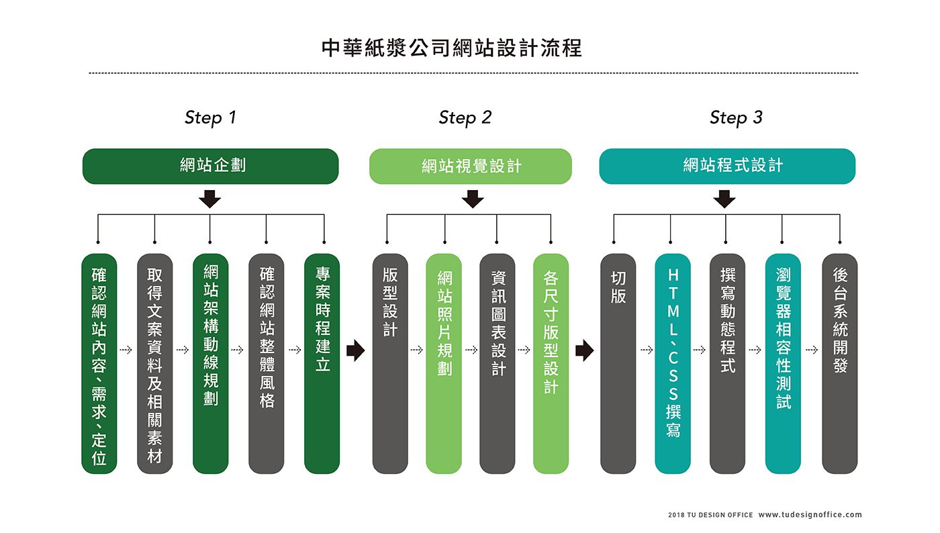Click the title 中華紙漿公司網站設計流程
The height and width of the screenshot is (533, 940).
451,48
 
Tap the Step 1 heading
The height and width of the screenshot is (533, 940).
210,117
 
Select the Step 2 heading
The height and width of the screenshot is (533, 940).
465,117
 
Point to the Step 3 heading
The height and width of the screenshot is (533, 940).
736,117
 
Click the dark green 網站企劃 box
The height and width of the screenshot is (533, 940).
211,166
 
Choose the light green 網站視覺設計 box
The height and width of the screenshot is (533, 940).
471,166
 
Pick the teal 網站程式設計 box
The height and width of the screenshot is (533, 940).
727,166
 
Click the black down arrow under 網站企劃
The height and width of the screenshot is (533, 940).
209,199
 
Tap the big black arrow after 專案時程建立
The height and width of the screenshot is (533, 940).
355,350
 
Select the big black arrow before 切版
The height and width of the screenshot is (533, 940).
585,350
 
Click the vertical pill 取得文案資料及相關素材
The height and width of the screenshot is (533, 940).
155,363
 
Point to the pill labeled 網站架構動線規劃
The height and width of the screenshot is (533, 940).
211,363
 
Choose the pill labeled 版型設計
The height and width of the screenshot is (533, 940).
390,363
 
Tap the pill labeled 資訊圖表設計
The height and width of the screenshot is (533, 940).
498,363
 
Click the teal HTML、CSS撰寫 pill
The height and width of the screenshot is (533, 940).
673,363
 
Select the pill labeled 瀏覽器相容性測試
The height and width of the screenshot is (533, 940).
783,363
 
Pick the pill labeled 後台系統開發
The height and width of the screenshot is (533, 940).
840,363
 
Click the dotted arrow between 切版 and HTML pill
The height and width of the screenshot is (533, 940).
647,350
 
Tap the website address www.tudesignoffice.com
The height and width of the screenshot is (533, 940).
810,514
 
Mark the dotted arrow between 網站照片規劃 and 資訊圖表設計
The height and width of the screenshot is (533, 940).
471,350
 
